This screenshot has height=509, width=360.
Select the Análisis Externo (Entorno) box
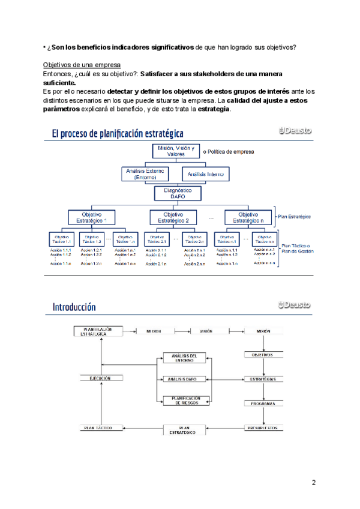(x=146, y=174)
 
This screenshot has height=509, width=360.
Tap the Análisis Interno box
(x=206, y=174)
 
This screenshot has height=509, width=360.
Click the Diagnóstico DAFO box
(x=173, y=193)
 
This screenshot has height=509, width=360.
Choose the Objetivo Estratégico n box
(x=248, y=217)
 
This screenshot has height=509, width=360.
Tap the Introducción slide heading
(x=74, y=307)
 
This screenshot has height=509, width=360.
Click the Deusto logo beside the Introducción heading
(x=295, y=305)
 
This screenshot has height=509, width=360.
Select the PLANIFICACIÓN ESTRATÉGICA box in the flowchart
(x=99, y=331)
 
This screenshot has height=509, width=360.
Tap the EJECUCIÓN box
(x=100, y=379)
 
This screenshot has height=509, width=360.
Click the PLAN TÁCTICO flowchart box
(x=100, y=428)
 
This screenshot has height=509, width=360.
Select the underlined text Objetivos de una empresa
(x=82, y=65)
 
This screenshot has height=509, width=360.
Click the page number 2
(x=313, y=483)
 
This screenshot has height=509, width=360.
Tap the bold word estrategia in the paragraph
(x=214, y=109)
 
